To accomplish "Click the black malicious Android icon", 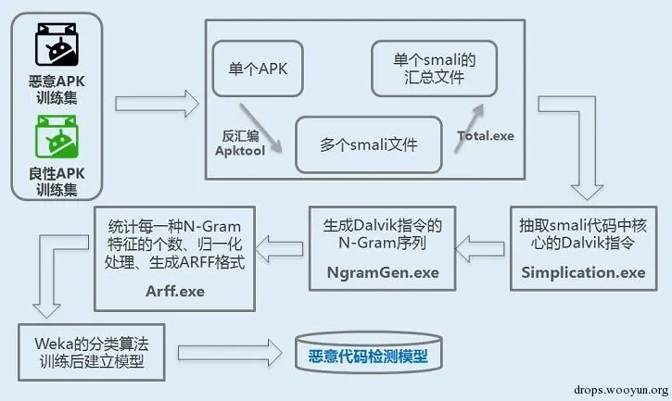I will click(x=55, y=43).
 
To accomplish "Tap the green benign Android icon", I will click(x=55, y=136).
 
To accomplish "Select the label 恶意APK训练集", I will click(x=56, y=91).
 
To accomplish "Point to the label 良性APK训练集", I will click(x=56, y=181).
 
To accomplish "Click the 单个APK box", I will click(x=258, y=68).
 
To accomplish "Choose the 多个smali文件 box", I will click(x=368, y=144).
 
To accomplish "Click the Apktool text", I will click(x=239, y=149).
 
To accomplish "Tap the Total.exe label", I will click(x=486, y=136).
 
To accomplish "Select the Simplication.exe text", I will click(x=584, y=272).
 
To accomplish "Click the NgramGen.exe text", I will click(x=383, y=273).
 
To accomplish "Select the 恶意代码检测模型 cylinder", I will click(x=368, y=354).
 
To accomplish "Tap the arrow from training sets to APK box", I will click(x=158, y=103).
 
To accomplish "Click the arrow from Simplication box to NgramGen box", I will click(x=482, y=245).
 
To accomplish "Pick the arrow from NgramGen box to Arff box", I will click(x=280, y=245).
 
